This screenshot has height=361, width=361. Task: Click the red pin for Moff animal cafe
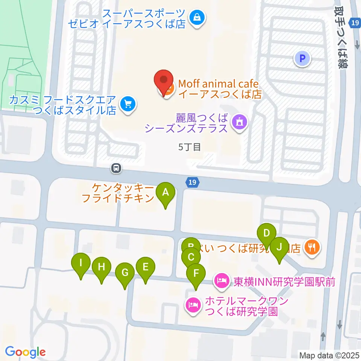[x=164, y=81]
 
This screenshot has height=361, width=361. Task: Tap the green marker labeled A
[x=165, y=193]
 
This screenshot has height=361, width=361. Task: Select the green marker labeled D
[x=267, y=234]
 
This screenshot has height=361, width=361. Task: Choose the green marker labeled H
[x=101, y=267]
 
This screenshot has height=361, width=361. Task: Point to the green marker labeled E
[x=146, y=267]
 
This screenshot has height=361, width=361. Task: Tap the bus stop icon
[x=116, y=168]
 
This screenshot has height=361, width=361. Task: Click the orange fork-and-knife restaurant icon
[x=312, y=247]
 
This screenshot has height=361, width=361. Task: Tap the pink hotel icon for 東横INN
[x=221, y=280]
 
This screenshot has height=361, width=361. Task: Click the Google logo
[x=26, y=352]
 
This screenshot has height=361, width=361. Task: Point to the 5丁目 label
[x=190, y=147]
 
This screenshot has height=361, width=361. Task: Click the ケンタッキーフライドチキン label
[x=118, y=193]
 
